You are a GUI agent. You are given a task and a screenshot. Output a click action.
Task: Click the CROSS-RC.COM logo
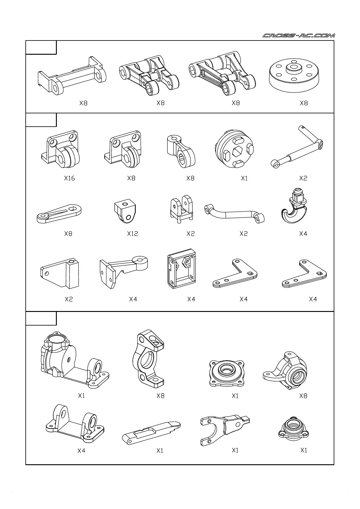click(299, 36)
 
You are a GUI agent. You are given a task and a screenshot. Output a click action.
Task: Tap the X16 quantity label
click(70, 178)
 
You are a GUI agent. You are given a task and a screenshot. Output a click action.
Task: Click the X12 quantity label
click(132, 234)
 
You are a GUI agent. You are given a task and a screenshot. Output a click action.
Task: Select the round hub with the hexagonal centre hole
click(235, 149)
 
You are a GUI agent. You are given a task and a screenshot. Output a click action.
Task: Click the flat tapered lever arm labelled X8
click(59, 213)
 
